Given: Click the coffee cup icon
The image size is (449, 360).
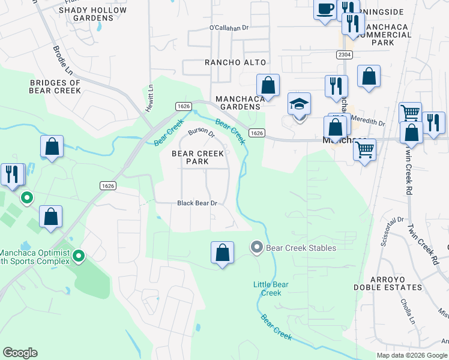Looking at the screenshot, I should point(325,10).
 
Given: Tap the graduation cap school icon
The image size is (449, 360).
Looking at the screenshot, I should point(299,104).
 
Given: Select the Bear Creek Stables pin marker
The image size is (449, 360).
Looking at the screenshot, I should point(257,247).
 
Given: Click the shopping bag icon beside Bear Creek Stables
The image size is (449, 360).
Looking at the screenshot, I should point(223,253).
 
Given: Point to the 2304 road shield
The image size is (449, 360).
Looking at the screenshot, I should point(344,55).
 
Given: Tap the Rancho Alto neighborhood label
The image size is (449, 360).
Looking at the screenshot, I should point(235,62).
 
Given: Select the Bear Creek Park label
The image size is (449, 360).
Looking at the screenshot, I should point(198,158).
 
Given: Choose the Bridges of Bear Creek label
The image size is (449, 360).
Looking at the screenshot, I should point(55,87).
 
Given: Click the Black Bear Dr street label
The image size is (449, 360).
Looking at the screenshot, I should point(197,203).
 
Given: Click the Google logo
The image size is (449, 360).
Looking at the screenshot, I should point(20,353).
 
